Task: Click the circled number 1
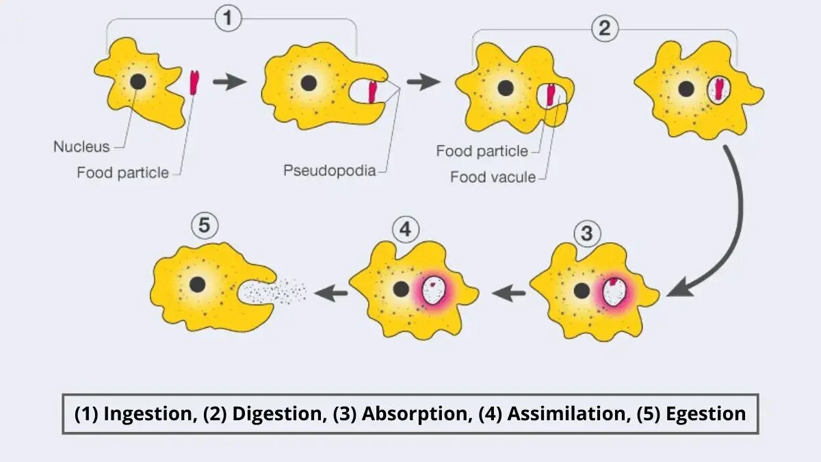point(229,18)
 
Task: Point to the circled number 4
point(405,229)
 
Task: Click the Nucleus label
point(81,147)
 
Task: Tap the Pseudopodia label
point(329,170)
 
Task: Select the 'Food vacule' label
point(492,177)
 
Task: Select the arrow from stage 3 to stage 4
point(510,294)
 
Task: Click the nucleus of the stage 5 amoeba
point(198,284)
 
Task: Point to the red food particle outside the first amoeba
point(194,82)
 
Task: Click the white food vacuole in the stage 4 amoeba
point(433,291)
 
